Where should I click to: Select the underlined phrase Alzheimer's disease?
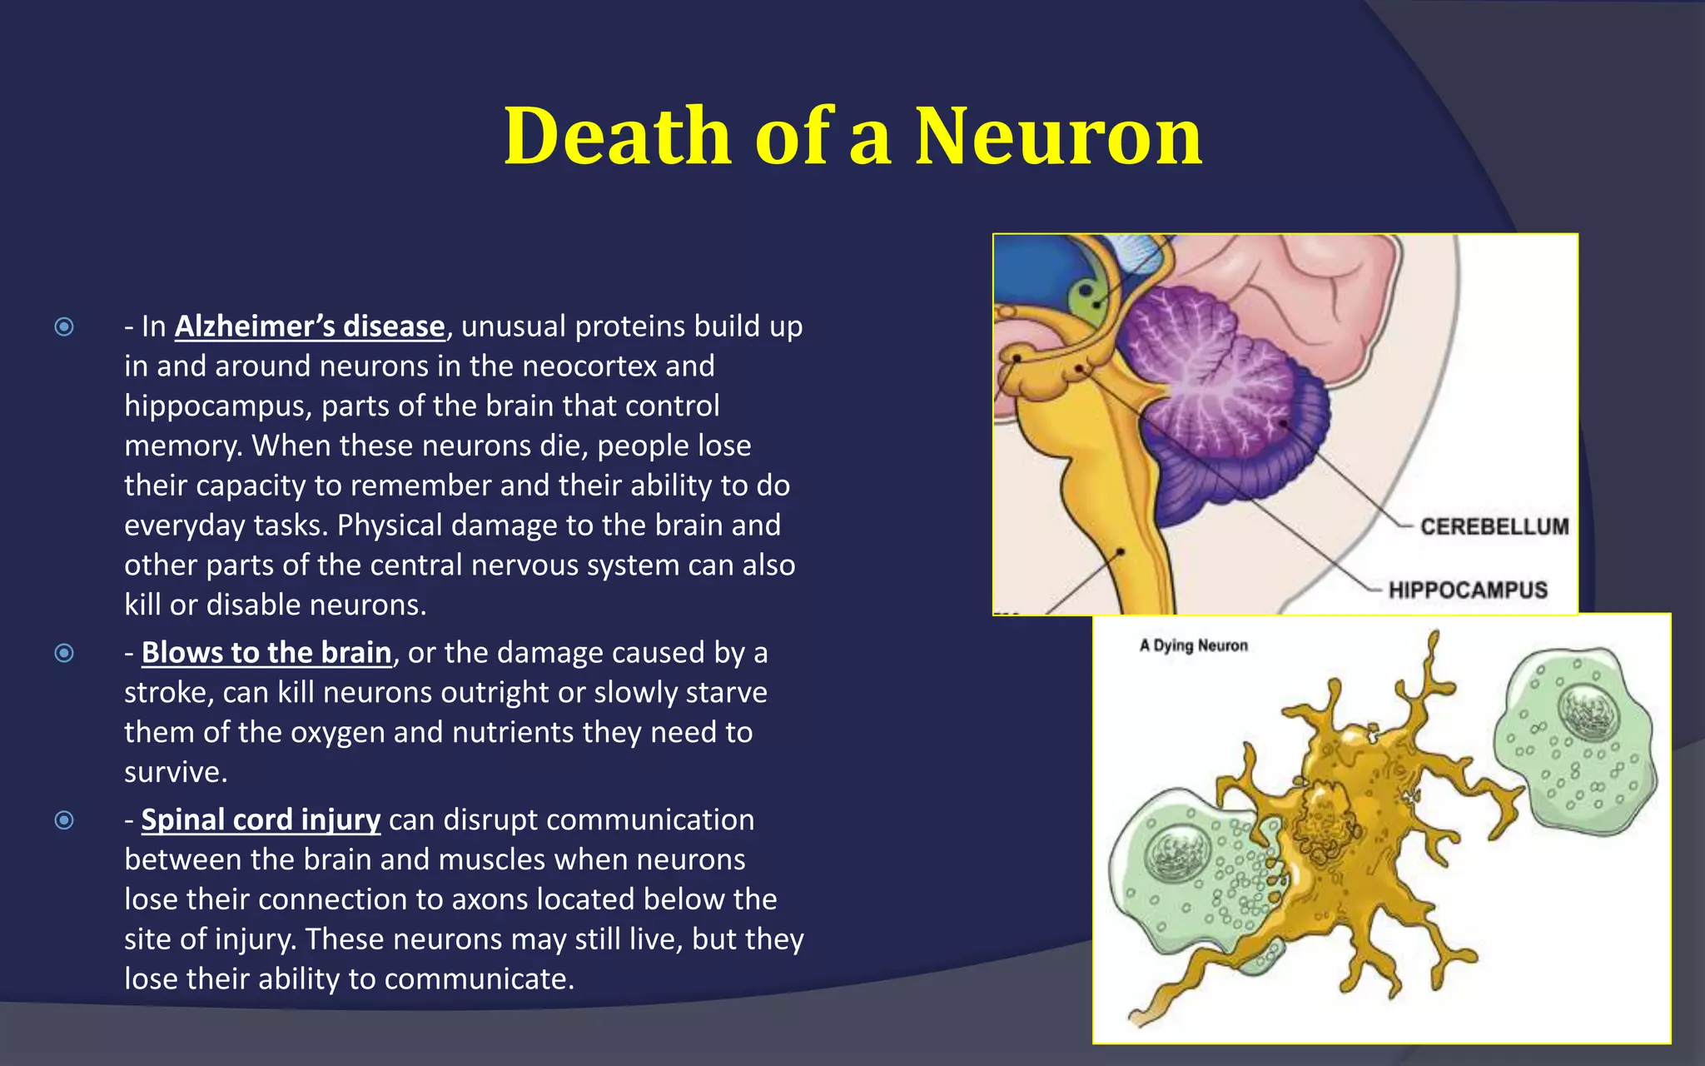pos(310,326)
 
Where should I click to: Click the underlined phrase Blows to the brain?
pos(266,652)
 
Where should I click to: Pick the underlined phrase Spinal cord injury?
pos(261,819)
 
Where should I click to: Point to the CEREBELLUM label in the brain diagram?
pos(1494,526)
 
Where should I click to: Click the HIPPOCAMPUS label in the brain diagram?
pos(1468,590)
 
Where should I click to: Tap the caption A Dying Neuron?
pos(1193,645)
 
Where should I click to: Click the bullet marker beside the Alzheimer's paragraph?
pos(64,326)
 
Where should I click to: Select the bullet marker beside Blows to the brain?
pos(64,653)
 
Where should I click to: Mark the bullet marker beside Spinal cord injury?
pos(64,820)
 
